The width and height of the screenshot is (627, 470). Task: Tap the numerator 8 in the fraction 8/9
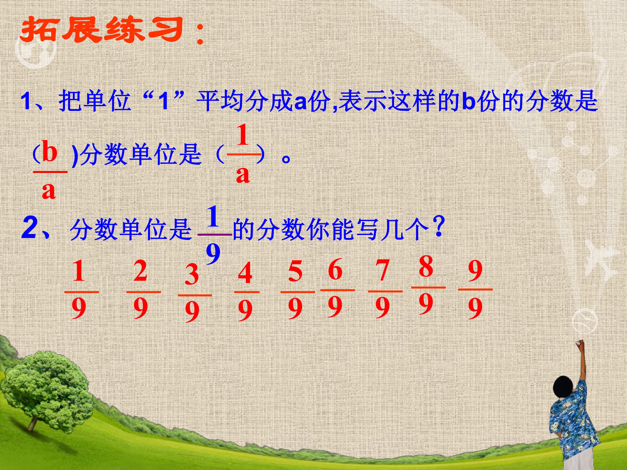click(x=426, y=266)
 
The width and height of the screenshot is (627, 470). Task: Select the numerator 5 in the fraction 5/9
click(x=295, y=271)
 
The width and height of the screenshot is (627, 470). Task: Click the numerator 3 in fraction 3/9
click(x=192, y=274)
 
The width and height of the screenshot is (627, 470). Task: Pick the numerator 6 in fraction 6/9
click(x=335, y=270)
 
